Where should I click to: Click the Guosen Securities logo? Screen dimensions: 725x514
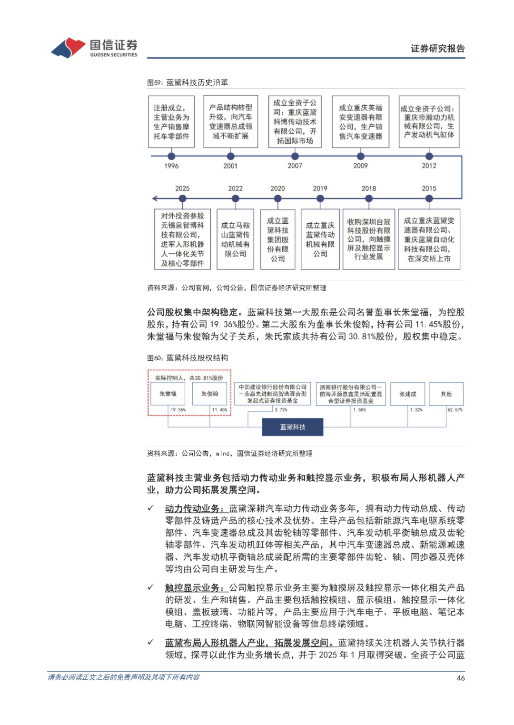pos(94,48)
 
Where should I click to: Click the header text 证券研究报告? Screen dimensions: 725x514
pos(437,49)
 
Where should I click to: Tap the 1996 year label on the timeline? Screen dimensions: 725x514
pos(171,166)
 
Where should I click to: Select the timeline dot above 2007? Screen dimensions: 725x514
pos(295,156)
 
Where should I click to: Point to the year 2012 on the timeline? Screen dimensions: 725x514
pos(429,166)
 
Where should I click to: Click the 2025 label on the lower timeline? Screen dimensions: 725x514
pos(182,189)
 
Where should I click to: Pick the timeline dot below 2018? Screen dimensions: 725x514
pos(369,198)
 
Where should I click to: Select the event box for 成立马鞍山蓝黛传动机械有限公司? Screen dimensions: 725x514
pos(235,239)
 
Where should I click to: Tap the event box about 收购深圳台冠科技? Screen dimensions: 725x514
pos(369,239)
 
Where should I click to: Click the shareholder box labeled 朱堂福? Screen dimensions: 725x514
pos(168,394)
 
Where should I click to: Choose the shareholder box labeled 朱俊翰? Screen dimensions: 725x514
pos(209,394)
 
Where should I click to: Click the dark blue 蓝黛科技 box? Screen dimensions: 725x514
pos(293,427)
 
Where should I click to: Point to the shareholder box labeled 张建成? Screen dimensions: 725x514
pos(407,394)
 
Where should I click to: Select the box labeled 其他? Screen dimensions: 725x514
pos(446,394)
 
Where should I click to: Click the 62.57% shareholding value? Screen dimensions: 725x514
pos(455,409)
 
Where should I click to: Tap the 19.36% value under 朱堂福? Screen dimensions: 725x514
pos(178,409)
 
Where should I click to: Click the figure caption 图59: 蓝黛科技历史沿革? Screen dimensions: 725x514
pos(188,82)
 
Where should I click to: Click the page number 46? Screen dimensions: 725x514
pos(460,678)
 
